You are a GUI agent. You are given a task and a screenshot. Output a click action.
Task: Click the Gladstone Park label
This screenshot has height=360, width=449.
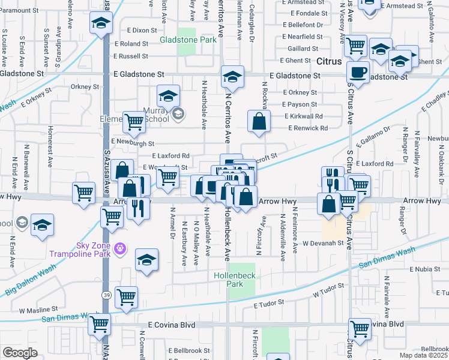[188, 40]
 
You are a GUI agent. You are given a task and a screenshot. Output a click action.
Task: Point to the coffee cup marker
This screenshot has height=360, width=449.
[359, 72]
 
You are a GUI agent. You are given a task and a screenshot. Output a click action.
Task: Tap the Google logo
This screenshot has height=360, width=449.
[20, 353]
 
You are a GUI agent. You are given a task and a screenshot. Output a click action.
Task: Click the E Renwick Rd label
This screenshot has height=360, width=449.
[308, 128]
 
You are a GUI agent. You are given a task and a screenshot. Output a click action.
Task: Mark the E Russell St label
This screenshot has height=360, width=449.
[129, 56]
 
